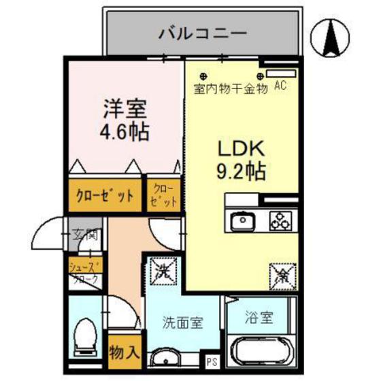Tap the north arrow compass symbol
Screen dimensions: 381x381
[x=333, y=37]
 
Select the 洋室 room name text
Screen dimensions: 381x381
[x=125, y=107]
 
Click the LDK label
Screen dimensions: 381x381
[x=241, y=149]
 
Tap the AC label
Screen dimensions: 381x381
[x=280, y=86]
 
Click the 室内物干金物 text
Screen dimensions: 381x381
[x=231, y=88]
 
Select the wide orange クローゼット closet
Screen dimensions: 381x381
[x=105, y=195]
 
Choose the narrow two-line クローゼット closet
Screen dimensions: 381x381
[x=165, y=195]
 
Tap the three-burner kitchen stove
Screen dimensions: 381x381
[x=279, y=220]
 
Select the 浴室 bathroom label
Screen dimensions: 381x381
[x=260, y=317]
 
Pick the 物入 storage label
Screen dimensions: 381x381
[x=125, y=352]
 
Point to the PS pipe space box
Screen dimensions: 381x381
[x=212, y=361]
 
